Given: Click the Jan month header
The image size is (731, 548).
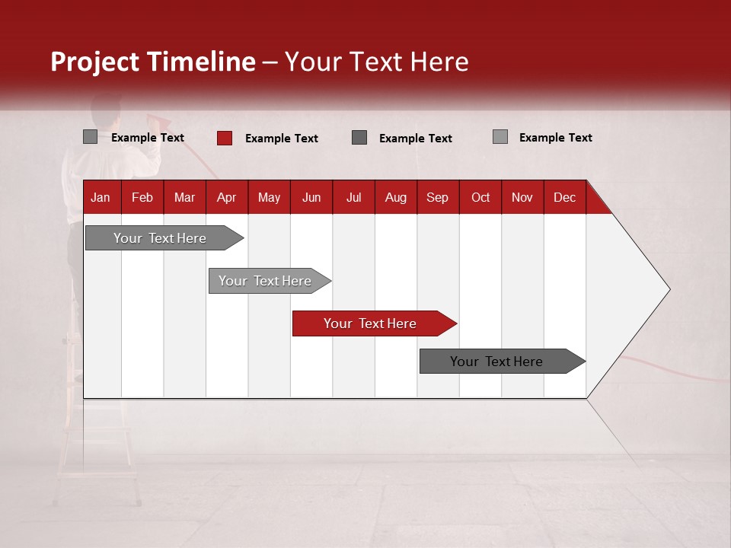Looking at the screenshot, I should tap(101, 197).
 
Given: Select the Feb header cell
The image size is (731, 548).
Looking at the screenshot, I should tap(142, 197).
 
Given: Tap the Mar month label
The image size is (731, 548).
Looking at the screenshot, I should tap(184, 197).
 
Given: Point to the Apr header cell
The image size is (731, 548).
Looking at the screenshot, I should tap(226, 197).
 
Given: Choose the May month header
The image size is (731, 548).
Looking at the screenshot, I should tap(269, 197).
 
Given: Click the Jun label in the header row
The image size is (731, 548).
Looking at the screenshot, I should tap(311, 197).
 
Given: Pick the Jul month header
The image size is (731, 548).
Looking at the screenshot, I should tap(353, 197).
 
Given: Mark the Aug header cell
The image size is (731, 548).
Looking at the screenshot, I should tap(395, 197).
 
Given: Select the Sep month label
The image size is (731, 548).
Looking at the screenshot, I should tap(437, 197).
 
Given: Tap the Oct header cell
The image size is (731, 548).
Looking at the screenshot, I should tap(480, 197).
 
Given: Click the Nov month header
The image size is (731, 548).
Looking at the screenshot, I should tap(522, 197).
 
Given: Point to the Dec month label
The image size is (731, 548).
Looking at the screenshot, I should tap(564, 197).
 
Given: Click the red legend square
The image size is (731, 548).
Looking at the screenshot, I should tap(225, 138).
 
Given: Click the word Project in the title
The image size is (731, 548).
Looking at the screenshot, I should tap(95, 62).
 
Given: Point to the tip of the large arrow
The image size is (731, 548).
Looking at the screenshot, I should tap(668, 289).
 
